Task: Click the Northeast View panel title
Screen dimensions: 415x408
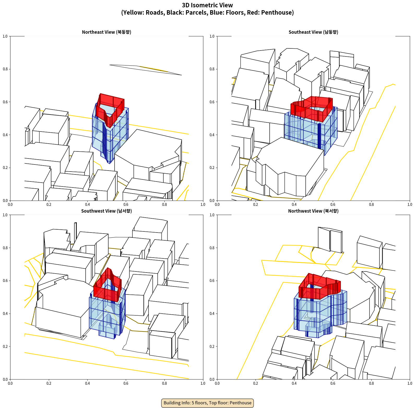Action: (106, 32)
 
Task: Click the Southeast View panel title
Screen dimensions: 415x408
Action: (313, 32)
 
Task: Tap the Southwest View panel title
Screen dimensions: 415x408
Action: (106, 211)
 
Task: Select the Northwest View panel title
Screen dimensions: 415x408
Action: (313, 211)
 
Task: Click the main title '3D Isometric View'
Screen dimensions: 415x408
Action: (207, 5)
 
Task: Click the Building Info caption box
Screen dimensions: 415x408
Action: (207, 403)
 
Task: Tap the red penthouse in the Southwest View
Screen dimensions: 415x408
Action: (108, 285)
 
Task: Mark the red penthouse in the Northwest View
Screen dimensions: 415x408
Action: (319, 286)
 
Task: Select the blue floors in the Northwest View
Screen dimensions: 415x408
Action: (321, 314)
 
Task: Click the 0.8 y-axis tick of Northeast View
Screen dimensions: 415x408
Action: (5, 69)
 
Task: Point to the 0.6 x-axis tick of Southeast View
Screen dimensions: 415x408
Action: (333, 205)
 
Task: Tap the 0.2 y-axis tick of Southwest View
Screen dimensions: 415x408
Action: (5, 346)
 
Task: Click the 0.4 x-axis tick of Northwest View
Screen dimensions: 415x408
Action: (294, 383)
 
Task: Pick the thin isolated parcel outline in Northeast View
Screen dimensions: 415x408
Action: (145, 70)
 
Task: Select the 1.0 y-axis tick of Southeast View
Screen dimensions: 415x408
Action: (212, 36)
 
